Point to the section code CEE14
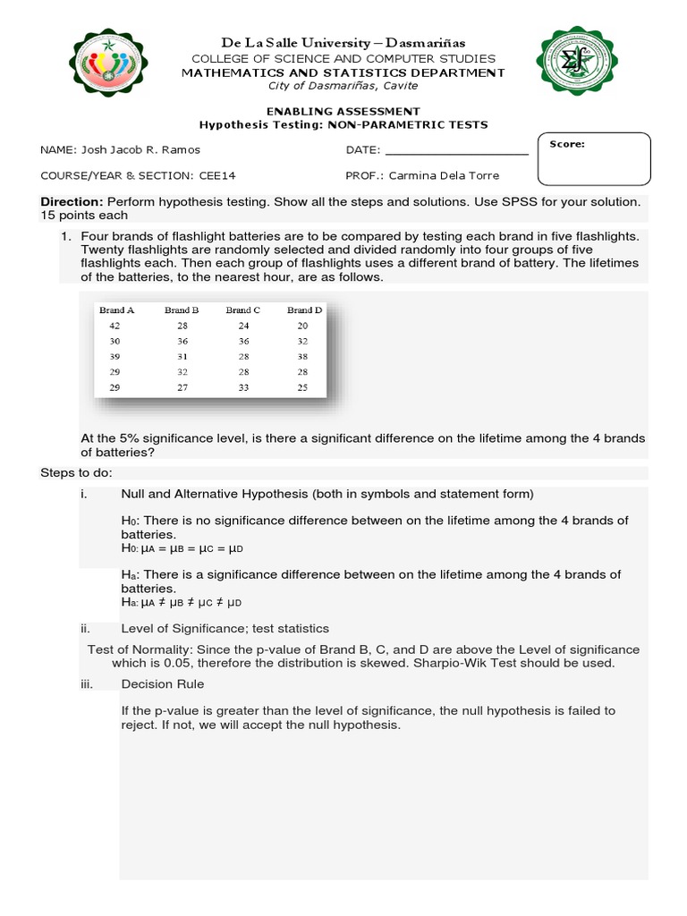coord(216,175)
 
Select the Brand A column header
coord(117,310)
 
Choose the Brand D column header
coord(304,310)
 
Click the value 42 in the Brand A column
coord(114,327)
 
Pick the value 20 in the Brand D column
coord(302,327)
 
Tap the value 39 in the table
coord(114,357)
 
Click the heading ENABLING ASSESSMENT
coord(343,111)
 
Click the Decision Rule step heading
coord(162,684)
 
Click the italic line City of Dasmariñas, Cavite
coord(343,86)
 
